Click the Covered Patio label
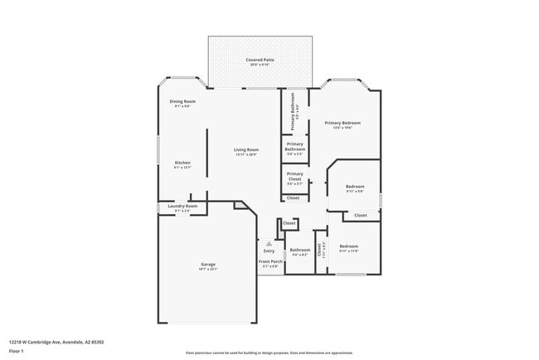260,60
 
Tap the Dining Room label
182,101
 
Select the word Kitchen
182,162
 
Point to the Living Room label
246,149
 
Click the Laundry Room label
182,206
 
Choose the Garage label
207,265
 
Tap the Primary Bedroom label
342,123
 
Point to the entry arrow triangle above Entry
269,244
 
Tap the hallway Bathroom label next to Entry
299,250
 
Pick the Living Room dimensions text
246,155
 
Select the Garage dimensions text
207,270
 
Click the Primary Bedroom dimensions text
342,128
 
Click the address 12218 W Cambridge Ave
56,341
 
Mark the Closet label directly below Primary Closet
294,197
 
